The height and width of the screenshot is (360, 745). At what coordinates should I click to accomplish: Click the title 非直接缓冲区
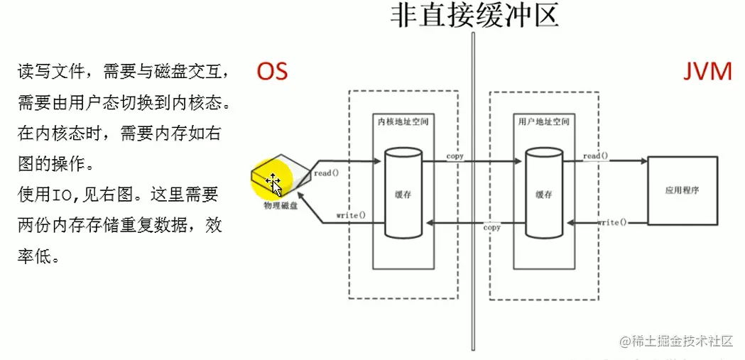pos(474,15)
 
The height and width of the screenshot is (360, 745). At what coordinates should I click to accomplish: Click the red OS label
pos(272,72)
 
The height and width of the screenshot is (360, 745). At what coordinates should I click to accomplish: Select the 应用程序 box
pos(682,191)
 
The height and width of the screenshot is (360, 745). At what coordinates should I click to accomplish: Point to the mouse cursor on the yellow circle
pos(274,182)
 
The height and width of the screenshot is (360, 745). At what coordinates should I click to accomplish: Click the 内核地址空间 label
pos(403,122)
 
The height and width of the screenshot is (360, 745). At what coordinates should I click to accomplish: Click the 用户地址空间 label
pos(543,122)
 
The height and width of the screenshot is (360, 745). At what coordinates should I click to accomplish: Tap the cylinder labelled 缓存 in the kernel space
pos(403,192)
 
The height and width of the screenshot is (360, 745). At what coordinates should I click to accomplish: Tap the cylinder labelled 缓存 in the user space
pos(544,192)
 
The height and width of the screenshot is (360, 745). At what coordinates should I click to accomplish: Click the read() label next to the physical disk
pos(326,173)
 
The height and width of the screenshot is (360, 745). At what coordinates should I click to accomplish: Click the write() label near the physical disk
pos(351,214)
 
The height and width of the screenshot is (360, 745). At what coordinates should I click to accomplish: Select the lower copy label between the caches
pos(491,227)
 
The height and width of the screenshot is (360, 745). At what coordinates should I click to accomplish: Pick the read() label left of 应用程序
pos(595,156)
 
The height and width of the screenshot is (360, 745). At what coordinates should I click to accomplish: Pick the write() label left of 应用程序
pos(613,222)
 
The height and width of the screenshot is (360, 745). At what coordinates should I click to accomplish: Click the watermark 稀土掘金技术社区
pos(675,342)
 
